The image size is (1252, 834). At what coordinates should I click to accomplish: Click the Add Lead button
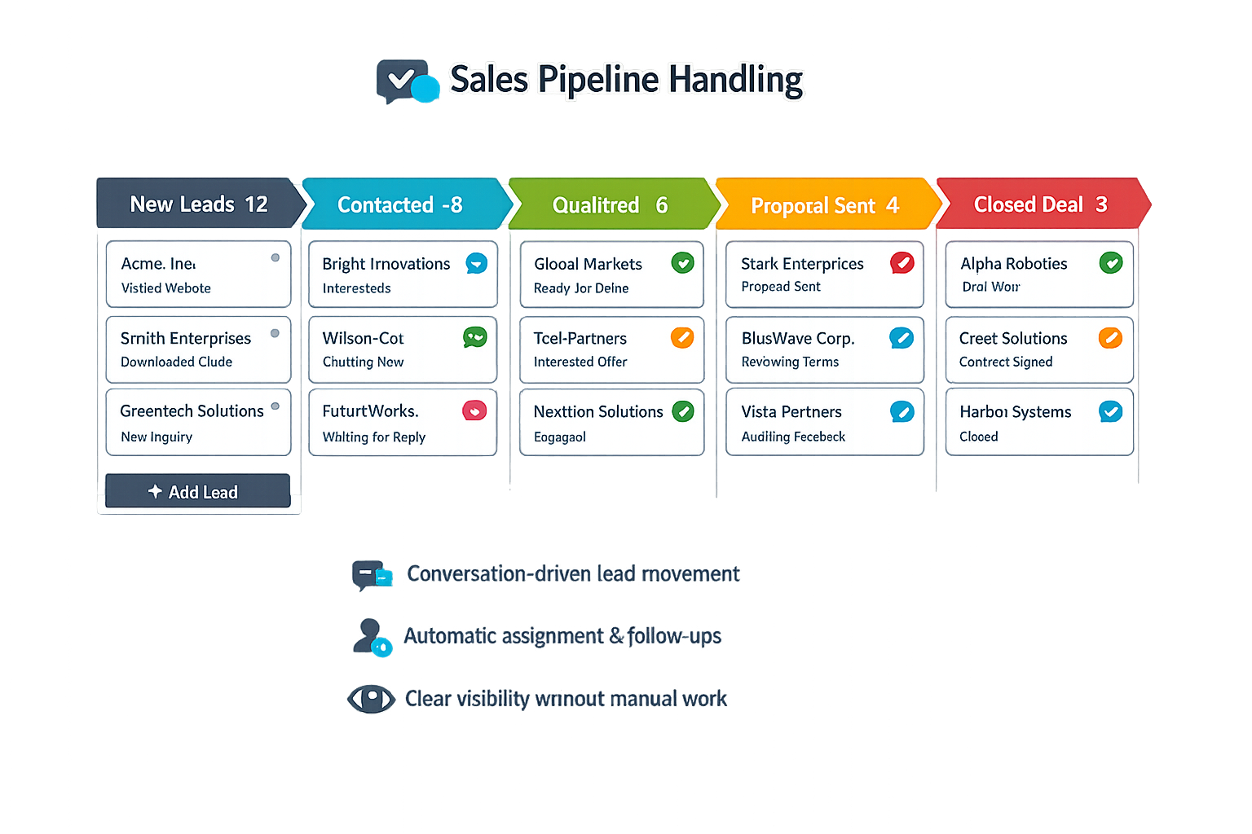197,491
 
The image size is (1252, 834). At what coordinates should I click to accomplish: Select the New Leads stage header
198,204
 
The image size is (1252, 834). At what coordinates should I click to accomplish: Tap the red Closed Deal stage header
1041,204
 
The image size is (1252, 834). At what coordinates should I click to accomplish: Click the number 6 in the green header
662,204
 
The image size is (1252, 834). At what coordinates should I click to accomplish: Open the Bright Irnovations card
403,274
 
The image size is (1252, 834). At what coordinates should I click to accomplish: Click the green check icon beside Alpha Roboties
1110,262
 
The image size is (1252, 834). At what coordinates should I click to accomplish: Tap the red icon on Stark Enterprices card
902,262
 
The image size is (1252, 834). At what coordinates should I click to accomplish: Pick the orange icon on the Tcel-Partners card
681,337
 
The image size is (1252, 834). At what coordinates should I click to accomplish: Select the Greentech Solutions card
198,422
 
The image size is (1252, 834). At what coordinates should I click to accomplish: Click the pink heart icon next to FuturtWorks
474,410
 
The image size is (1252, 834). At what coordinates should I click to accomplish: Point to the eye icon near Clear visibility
371,698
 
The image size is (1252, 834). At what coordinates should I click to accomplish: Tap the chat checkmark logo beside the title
406,81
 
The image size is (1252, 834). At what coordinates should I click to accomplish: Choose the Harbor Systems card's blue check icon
1110,411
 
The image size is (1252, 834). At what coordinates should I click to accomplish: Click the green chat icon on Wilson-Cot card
474,336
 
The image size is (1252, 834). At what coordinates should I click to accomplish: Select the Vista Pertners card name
791,411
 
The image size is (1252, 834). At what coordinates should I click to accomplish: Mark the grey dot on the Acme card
276,257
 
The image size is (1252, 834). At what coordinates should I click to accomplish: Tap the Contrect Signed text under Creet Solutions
1005,362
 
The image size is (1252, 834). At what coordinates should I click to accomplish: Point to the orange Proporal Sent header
824,205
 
